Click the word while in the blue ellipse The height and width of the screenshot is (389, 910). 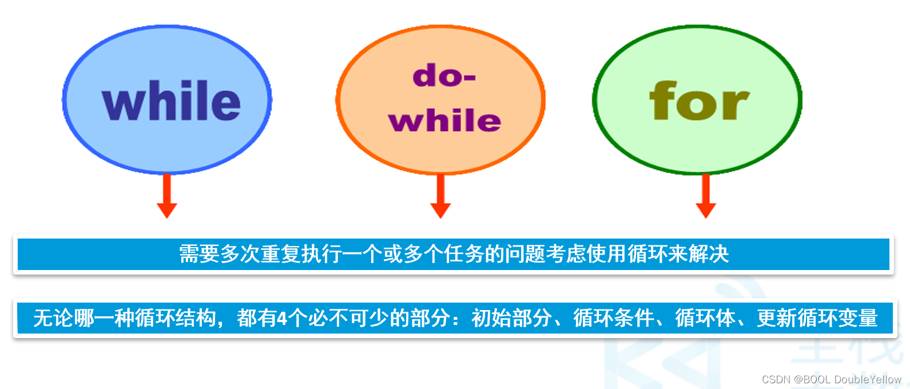coord(171,101)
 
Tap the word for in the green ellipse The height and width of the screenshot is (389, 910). coord(699,100)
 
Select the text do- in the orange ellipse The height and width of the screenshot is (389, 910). coord(444,76)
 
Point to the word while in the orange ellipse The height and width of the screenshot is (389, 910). coord(444,120)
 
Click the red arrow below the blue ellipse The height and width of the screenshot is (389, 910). coord(167,196)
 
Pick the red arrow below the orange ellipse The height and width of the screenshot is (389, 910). coord(440,196)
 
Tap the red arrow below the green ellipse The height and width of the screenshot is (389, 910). coord(706,196)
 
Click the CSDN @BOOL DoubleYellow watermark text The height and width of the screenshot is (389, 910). coord(831,379)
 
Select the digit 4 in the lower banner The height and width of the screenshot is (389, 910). coord(283,318)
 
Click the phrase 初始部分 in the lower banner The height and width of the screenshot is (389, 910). coord(512,318)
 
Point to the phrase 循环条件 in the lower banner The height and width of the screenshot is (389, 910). coord(614,318)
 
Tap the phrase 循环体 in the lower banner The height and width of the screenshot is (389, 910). coord(706,318)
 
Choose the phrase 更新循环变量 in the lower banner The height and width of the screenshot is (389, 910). coord(817,318)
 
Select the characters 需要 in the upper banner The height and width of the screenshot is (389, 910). coord(200,254)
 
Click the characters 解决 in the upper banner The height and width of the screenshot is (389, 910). coord(709,254)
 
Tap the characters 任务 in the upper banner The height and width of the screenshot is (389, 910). coord(464,254)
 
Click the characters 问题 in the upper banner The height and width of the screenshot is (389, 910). coord(525,254)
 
